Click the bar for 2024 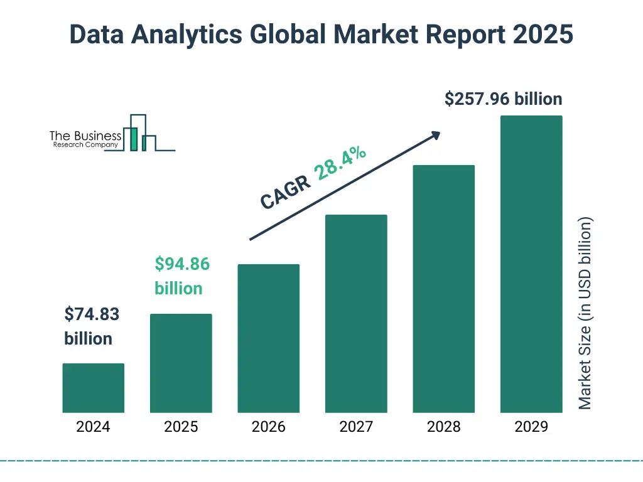[x=93, y=388]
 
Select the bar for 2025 [x=181, y=363]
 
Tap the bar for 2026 [x=268, y=338]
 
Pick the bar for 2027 [x=356, y=313]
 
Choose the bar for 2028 [x=443, y=289]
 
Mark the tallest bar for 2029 [x=531, y=264]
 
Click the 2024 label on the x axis [x=93, y=427]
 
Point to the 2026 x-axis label [x=268, y=427]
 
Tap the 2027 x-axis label [x=356, y=427]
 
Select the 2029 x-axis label [x=531, y=427]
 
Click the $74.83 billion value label [x=91, y=326]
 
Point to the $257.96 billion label [x=503, y=99]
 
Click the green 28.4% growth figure [x=342, y=163]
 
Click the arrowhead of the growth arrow [x=435, y=135]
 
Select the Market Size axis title [x=585, y=313]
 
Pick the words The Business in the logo [x=85, y=136]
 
